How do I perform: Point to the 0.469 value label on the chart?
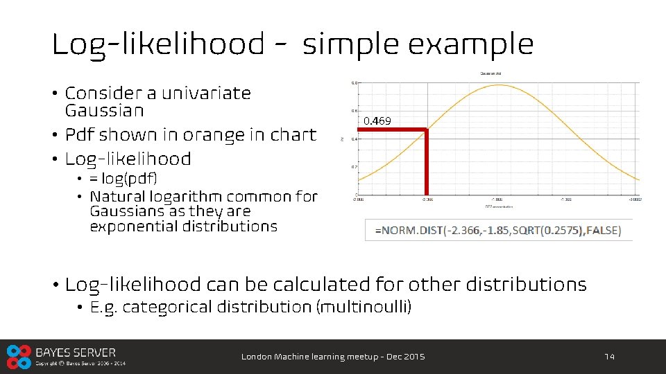click(x=377, y=121)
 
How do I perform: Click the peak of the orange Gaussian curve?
click(x=499, y=84)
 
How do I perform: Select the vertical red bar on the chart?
click(x=426, y=162)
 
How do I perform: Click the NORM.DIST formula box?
click(x=498, y=230)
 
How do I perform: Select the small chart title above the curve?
click(x=492, y=73)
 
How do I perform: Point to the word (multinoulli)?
click(x=364, y=307)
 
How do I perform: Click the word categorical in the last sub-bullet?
click(x=166, y=307)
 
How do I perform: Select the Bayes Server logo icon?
click(x=18, y=356)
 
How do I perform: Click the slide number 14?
click(x=610, y=357)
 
